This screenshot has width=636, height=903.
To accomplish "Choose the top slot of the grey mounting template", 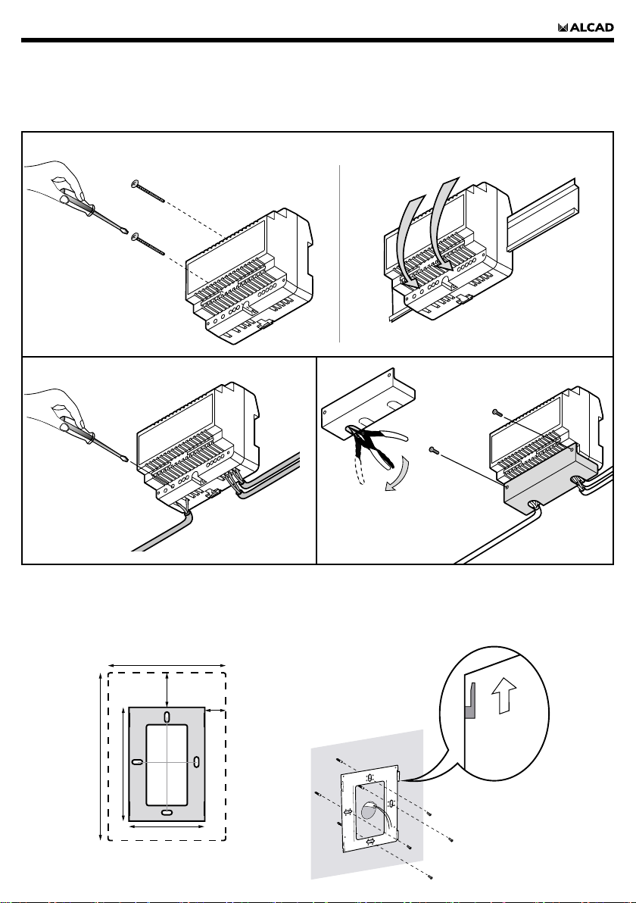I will (x=167, y=717).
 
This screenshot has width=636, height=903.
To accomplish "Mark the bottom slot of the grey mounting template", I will (x=167, y=813).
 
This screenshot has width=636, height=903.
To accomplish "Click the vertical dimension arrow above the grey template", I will (x=167, y=689).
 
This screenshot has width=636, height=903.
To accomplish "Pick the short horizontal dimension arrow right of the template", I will (x=216, y=711).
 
